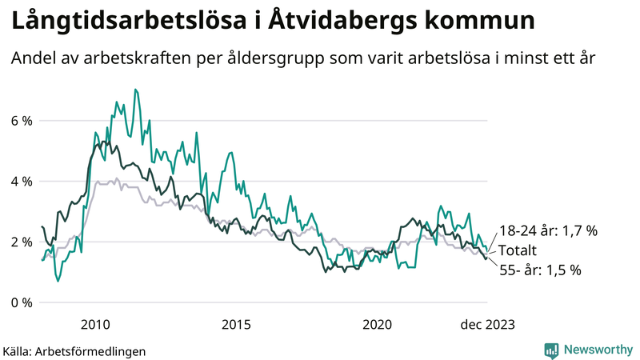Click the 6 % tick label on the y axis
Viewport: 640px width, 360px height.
(x=21, y=121)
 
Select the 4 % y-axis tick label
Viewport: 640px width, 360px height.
(x=21, y=182)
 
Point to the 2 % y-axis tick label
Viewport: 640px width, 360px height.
(x=21, y=242)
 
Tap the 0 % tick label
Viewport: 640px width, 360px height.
(x=21, y=302)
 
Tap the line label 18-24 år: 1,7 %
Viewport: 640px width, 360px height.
(x=548, y=231)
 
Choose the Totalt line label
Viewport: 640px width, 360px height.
(x=518, y=250)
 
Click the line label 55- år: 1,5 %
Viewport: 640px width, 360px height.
(x=540, y=270)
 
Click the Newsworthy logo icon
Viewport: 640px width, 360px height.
(x=551, y=350)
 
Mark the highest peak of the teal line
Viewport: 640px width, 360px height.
(x=135, y=89)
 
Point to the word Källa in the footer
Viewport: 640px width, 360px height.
(x=18, y=350)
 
